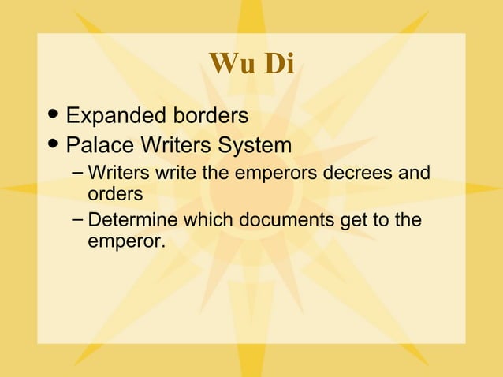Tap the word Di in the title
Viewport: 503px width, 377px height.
(x=278, y=64)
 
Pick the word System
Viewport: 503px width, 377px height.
(x=260, y=146)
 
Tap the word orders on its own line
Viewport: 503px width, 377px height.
(x=115, y=192)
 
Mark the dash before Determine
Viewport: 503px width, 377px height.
(x=75, y=220)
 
